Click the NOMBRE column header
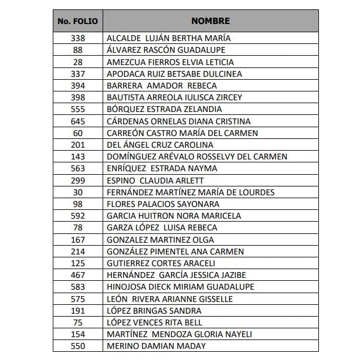coord(210,21)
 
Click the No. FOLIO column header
coord(78,21)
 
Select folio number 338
coord(78,38)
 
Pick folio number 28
coord(78,62)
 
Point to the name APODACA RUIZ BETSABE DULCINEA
coord(174,74)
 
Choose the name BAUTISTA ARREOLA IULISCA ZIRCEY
coord(174,97)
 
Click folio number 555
coord(78,109)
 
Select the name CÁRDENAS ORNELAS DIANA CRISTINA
coord(178,121)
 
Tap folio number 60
coord(78,133)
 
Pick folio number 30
coord(78,192)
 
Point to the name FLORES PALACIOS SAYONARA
coord(163,204)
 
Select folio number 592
coord(78,216)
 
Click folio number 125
coord(78,263)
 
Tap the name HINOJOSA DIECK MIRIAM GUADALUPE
coord(176,287)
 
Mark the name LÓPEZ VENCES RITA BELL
coord(154,322)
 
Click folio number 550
coord(78,346)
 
